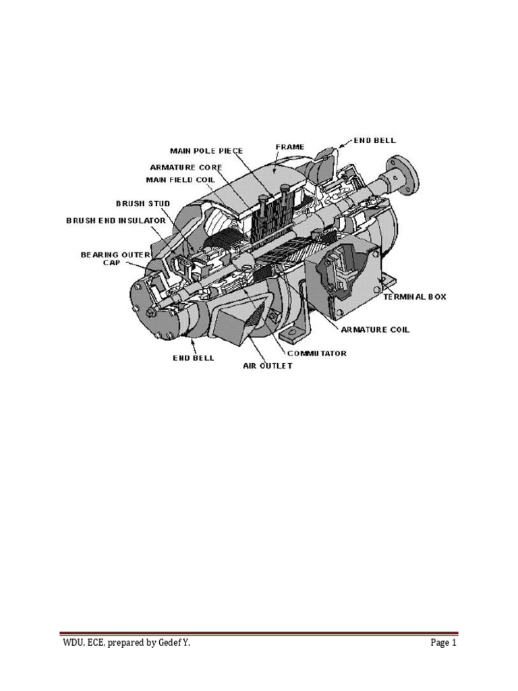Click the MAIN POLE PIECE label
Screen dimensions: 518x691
pos(206,151)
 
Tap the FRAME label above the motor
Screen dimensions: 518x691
pos(290,146)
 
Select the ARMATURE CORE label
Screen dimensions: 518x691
pos(186,167)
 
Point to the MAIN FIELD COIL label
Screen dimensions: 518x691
pos(181,179)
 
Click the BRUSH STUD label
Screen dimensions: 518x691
pos(143,204)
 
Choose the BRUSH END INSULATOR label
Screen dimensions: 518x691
pos(116,221)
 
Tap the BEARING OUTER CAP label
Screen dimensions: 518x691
pos(115,258)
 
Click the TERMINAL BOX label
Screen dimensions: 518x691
pos(415,297)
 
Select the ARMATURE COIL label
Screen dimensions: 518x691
pos(375,329)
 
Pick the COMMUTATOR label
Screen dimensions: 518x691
pos(317,354)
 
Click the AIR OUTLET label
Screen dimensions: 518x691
pos(268,366)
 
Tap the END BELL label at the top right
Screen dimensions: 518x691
pos(375,140)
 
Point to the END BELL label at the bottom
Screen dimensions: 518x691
pos(194,358)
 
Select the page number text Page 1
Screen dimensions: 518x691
pos(444,643)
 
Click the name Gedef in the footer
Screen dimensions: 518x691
pos(169,643)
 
